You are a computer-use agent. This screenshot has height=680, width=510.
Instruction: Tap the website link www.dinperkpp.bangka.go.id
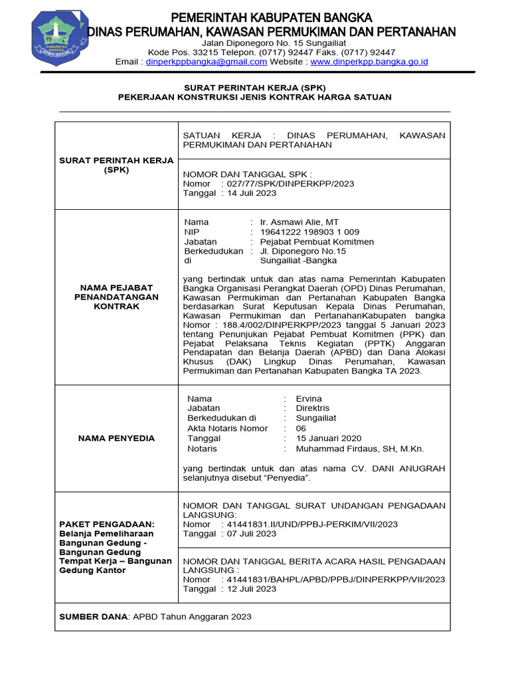click(369, 62)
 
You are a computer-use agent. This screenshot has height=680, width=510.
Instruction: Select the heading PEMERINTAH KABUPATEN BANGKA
click(272, 17)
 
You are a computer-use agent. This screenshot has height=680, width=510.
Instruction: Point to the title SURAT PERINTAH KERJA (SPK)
click(254, 87)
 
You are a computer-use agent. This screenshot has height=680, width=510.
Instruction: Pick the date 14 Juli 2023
click(252, 193)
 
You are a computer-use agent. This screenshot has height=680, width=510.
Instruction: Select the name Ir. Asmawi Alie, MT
click(299, 222)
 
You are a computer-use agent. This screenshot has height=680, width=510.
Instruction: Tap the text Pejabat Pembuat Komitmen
click(317, 242)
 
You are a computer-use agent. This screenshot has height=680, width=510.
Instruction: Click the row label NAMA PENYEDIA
click(116, 438)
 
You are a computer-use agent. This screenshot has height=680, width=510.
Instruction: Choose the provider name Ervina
click(309, 398)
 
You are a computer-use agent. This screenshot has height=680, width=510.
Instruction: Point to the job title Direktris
click(312, 408)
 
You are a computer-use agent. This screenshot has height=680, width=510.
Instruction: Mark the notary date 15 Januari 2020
click(329, 438)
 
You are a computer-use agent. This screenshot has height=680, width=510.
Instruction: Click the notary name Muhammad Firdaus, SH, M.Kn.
click(359, 448)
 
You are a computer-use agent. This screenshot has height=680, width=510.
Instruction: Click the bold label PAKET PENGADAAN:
click(106, 524)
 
